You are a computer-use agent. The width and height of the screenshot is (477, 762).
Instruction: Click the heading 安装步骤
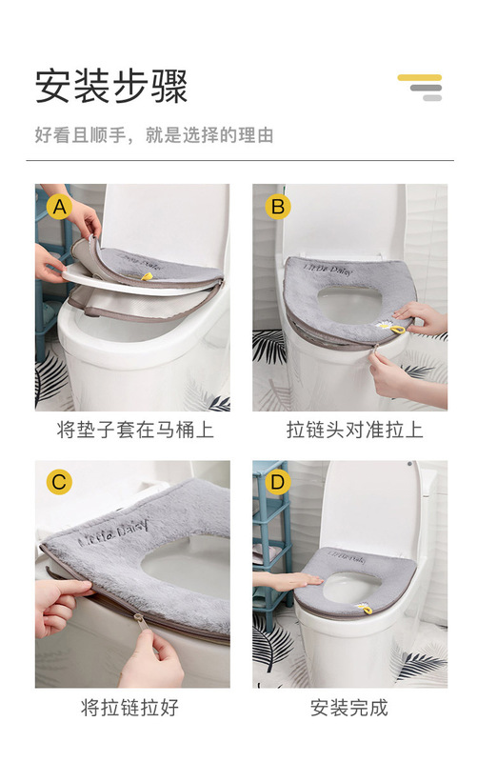[111, 87]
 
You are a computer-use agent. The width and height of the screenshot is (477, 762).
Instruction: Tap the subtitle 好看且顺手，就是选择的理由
[154, 135]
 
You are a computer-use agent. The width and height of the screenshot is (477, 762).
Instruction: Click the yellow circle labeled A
[59, 207]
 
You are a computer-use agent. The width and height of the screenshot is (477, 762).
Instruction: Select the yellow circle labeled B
[278, 207]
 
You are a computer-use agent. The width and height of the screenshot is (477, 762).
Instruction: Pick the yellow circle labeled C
[59, 483]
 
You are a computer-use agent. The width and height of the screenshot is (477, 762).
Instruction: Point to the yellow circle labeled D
[277, 483]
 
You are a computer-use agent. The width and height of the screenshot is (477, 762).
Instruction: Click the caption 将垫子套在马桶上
[135, 431]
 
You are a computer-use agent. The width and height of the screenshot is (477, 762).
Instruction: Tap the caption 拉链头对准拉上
[354, 431]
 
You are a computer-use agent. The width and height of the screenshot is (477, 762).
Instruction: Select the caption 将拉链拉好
[129, 708]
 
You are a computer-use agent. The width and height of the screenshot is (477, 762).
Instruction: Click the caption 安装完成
[349, 708]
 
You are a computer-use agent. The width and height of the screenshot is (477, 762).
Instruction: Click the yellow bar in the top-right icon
[420, 77]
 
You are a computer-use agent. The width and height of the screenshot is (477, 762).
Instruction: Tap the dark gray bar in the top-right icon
[426, 88]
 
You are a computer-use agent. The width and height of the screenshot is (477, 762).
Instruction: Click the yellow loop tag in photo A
[147, 276]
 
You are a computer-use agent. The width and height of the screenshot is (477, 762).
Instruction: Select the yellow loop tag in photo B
[396, 330]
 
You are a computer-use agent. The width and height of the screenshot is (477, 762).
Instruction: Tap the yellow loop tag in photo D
[367, 609]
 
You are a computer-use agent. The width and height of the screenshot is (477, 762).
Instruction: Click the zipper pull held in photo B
[375, 349]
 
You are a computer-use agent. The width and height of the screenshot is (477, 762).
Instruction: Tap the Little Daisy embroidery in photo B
[328, 270]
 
